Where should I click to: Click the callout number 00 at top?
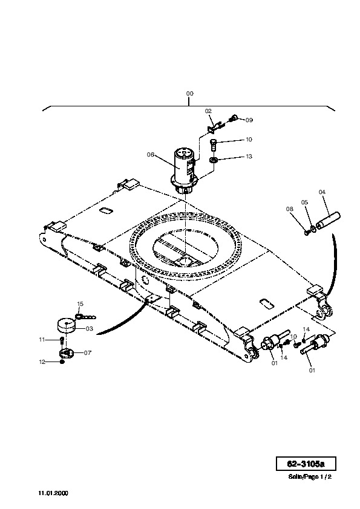click(x=190, y=94)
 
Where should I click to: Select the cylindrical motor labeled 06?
click(x=185, y=170)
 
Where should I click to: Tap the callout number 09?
click(x=249, y=120)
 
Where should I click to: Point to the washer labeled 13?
click(x=214, y=160)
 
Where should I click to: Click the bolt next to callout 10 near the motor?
click(x=214, y=144)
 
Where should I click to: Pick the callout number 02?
click(x=208, y=111)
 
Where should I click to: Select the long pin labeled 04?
click(x=328, y=221)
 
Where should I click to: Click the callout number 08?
click(x=289, y=209)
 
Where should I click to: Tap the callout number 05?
click(x=304, y=203)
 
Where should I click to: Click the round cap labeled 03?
click(x=67, y=326)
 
